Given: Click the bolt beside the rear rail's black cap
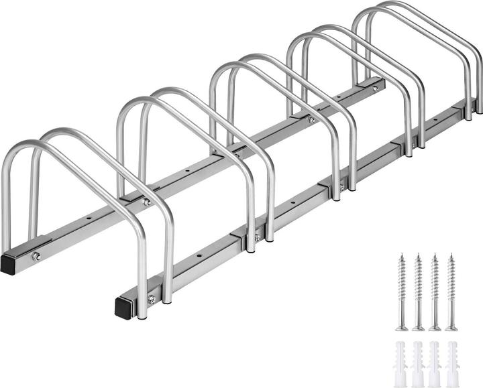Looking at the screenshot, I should (36, 256).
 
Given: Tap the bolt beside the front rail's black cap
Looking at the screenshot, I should (152, 300).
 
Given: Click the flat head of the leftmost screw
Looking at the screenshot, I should (402, 328).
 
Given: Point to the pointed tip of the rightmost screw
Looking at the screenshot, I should (451, 255).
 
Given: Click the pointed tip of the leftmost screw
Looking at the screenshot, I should (402, 255).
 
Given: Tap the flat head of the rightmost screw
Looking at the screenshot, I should (452, 328).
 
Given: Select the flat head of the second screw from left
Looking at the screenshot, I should (419, 328).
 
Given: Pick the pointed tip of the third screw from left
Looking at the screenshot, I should (435, 255).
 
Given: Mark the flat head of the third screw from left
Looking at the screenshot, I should (435, 328).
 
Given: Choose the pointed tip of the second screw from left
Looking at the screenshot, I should (418, 255).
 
